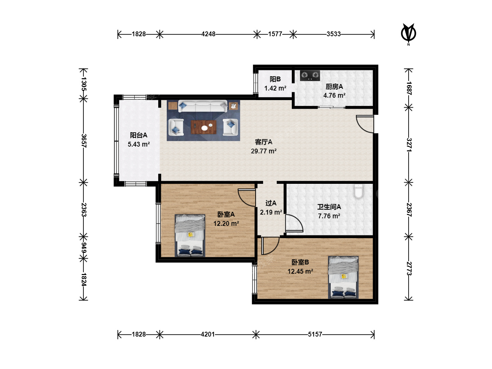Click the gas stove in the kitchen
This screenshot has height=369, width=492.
310,76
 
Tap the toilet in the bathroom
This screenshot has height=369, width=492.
358,191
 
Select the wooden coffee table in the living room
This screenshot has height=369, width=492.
204,127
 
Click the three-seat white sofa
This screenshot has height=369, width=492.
203,106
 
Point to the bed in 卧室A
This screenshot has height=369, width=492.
190,235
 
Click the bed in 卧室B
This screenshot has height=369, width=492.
343,277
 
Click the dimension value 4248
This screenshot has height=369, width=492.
208,34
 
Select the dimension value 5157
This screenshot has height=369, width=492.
315,334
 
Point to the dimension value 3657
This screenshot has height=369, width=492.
84,141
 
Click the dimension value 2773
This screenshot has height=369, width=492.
409,269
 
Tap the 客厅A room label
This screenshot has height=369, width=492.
263,142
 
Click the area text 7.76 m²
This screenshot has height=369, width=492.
329,216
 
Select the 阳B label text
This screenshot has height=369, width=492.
275,79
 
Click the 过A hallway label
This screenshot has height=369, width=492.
271,203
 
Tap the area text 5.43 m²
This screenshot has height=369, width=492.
139,144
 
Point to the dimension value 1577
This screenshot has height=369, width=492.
275,34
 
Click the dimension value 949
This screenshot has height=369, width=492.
84,248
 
